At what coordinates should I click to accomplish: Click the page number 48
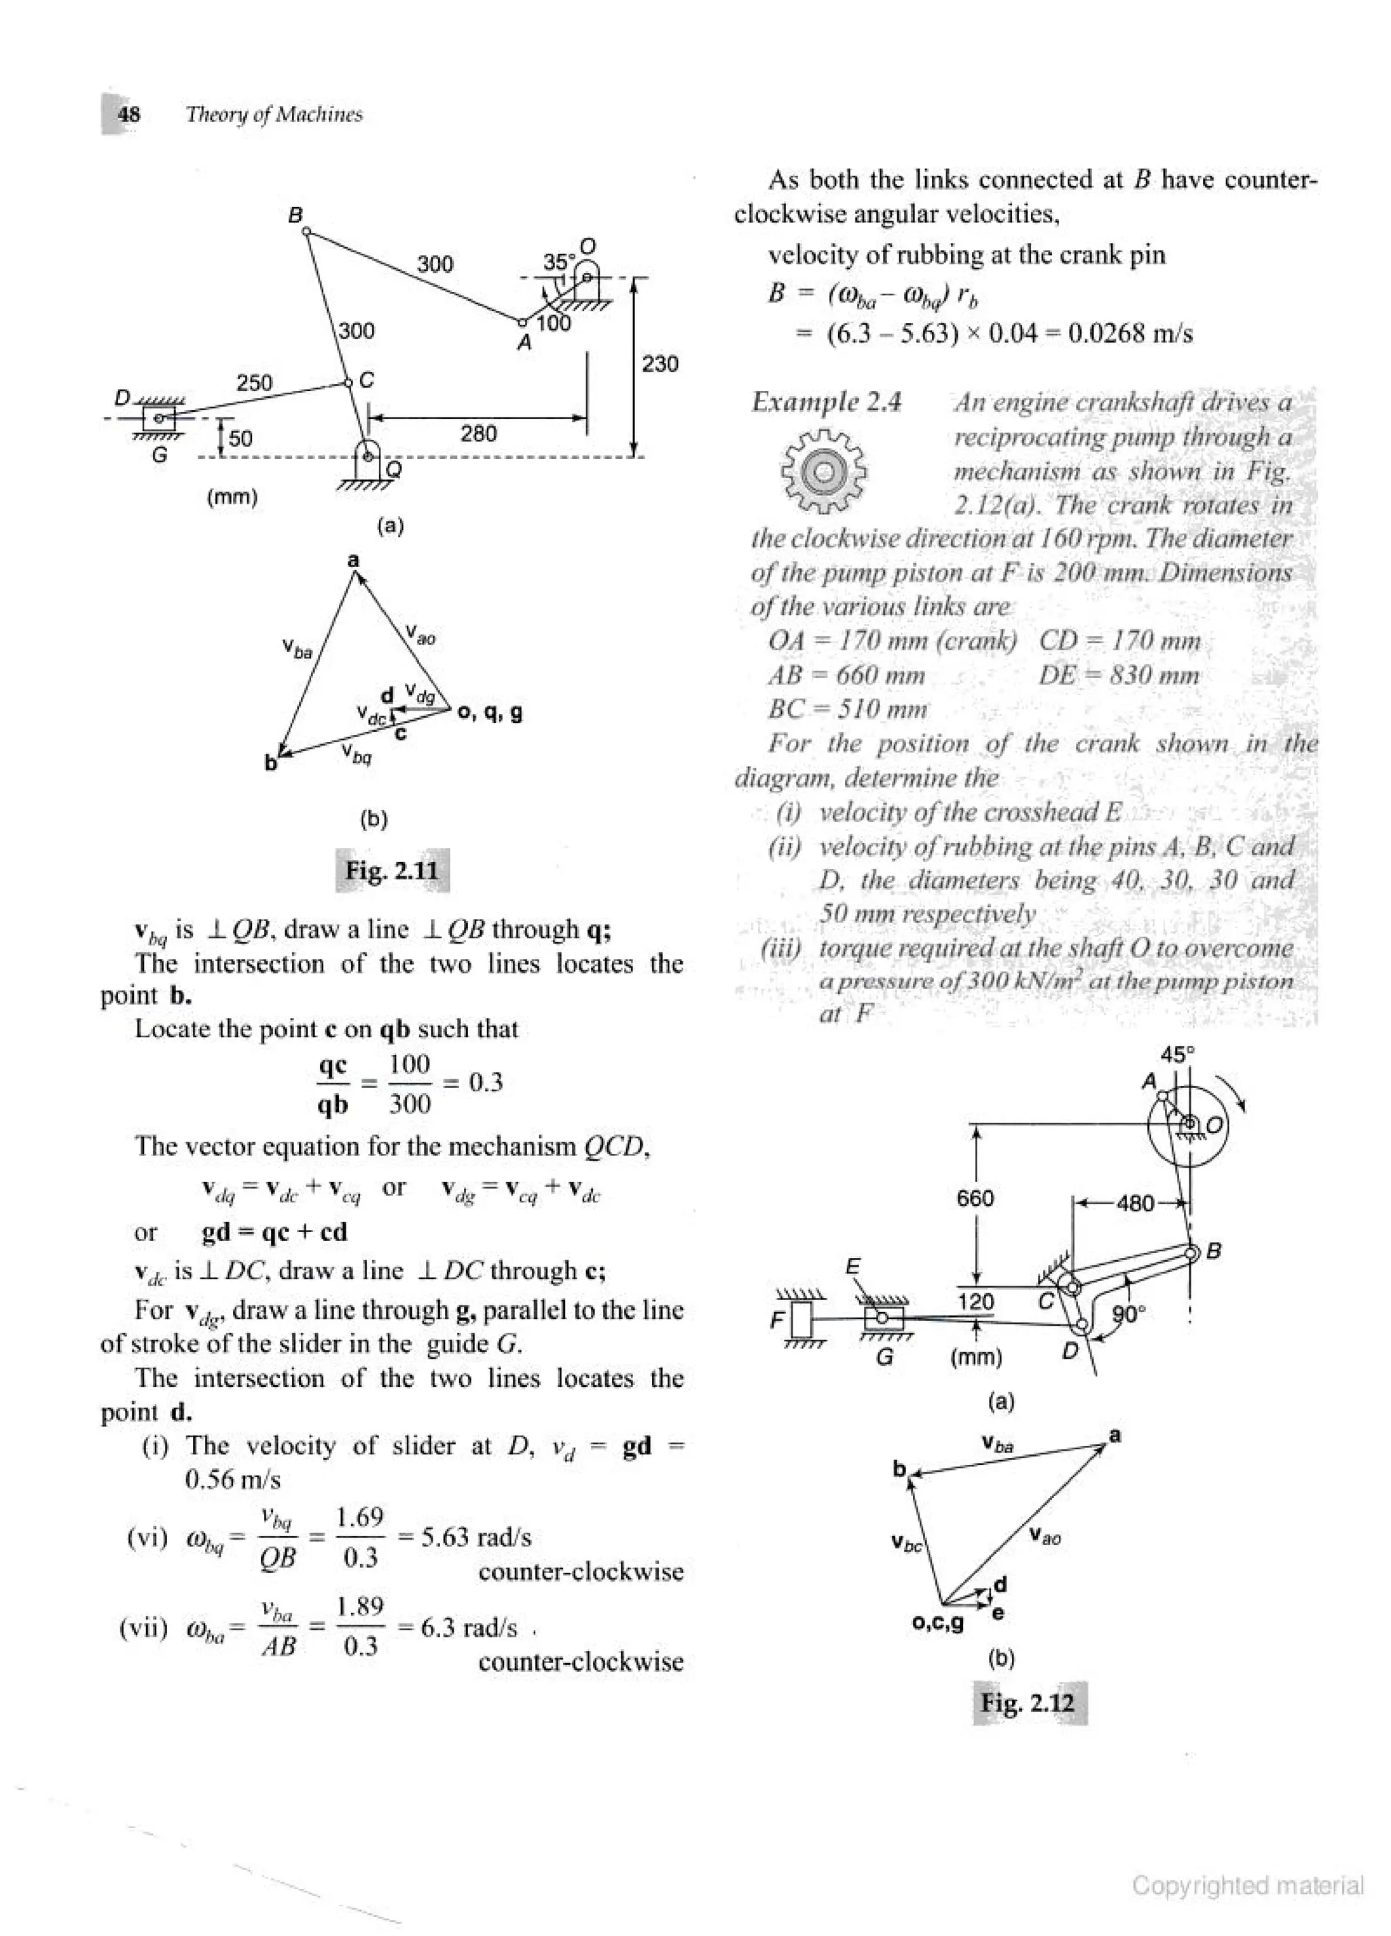[129, 115]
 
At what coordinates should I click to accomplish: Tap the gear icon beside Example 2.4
[824, 472]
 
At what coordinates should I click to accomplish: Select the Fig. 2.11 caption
[392, 871]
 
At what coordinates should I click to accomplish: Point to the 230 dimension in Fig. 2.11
[660, 365]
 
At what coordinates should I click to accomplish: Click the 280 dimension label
[478, 434]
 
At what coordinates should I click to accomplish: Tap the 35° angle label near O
[559, 262]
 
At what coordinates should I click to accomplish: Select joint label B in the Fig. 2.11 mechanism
[295, 215]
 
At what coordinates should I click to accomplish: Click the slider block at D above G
[159, 418]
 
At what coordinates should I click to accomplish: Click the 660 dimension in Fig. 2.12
[975, 1199]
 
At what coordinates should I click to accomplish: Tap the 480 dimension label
[1135, 1203]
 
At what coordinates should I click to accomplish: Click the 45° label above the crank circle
[1178, 1054]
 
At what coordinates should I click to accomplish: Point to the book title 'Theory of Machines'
[274, 115]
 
